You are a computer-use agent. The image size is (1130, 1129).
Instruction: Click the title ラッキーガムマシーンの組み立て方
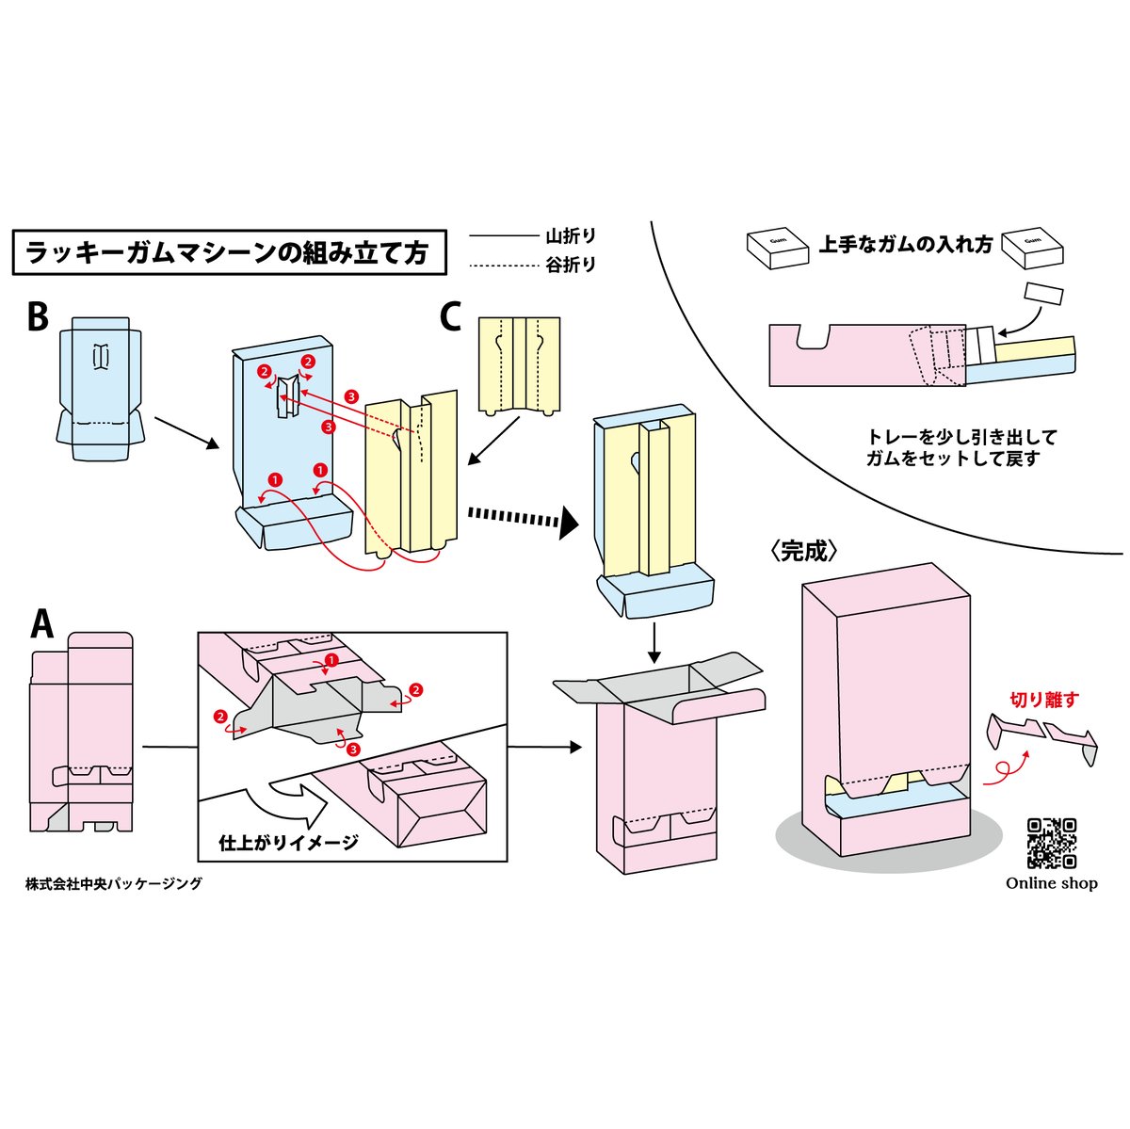coord(228,252)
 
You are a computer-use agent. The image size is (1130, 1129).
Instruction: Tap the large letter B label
coord(37,317)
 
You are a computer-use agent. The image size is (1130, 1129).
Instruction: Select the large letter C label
coord(450,317)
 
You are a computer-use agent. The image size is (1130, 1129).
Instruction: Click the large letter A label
coord(41,623)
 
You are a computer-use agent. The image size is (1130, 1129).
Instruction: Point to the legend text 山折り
coord(571,236)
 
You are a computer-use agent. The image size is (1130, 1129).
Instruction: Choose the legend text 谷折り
coord(571,266)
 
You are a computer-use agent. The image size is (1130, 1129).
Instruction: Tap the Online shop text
coord(1051,883)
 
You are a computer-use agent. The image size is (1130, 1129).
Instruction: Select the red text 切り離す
coord(1044,700)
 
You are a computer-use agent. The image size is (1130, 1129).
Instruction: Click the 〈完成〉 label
coord(804,552)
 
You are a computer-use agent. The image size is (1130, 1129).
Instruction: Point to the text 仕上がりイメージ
coord(288,842)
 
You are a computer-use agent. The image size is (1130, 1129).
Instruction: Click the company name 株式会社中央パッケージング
coord(113,883)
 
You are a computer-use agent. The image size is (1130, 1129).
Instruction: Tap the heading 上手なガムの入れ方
coord(905,245)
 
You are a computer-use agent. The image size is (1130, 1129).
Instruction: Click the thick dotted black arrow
coord(523,519)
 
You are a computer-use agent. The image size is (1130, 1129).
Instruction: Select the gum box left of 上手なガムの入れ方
coord(778,247)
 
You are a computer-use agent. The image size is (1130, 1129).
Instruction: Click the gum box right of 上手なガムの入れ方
coord(1032,247)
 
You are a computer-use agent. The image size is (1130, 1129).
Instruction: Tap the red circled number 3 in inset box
coord(352,750)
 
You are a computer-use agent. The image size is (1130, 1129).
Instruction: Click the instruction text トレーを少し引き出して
coord(961,438)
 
